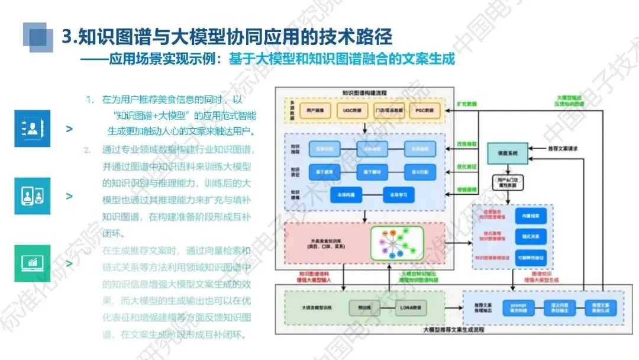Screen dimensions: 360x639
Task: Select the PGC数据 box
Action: tap(424, 110)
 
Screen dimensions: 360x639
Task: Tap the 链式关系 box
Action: tap(530, 237)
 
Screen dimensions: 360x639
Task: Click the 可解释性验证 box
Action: tap(530, 256)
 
